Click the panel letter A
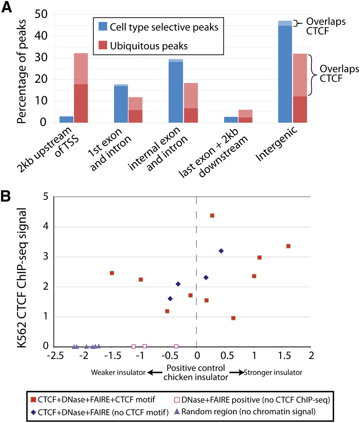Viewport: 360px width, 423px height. (7, 7)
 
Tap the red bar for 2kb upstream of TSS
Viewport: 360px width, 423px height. (81, 89)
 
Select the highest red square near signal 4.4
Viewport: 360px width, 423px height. (212, 215)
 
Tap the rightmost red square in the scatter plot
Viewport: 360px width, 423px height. (288, 246)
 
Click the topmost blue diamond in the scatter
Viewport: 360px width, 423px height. (221, 251)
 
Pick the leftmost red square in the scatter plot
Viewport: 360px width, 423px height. (112, 273)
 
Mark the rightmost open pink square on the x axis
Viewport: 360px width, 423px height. (176, 346)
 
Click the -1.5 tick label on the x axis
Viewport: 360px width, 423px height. (111, 356)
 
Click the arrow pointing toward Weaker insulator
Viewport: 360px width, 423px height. (152, 372)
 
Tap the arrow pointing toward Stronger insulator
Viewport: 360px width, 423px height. (237, 372)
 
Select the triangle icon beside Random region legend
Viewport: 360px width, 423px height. (177, 412)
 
